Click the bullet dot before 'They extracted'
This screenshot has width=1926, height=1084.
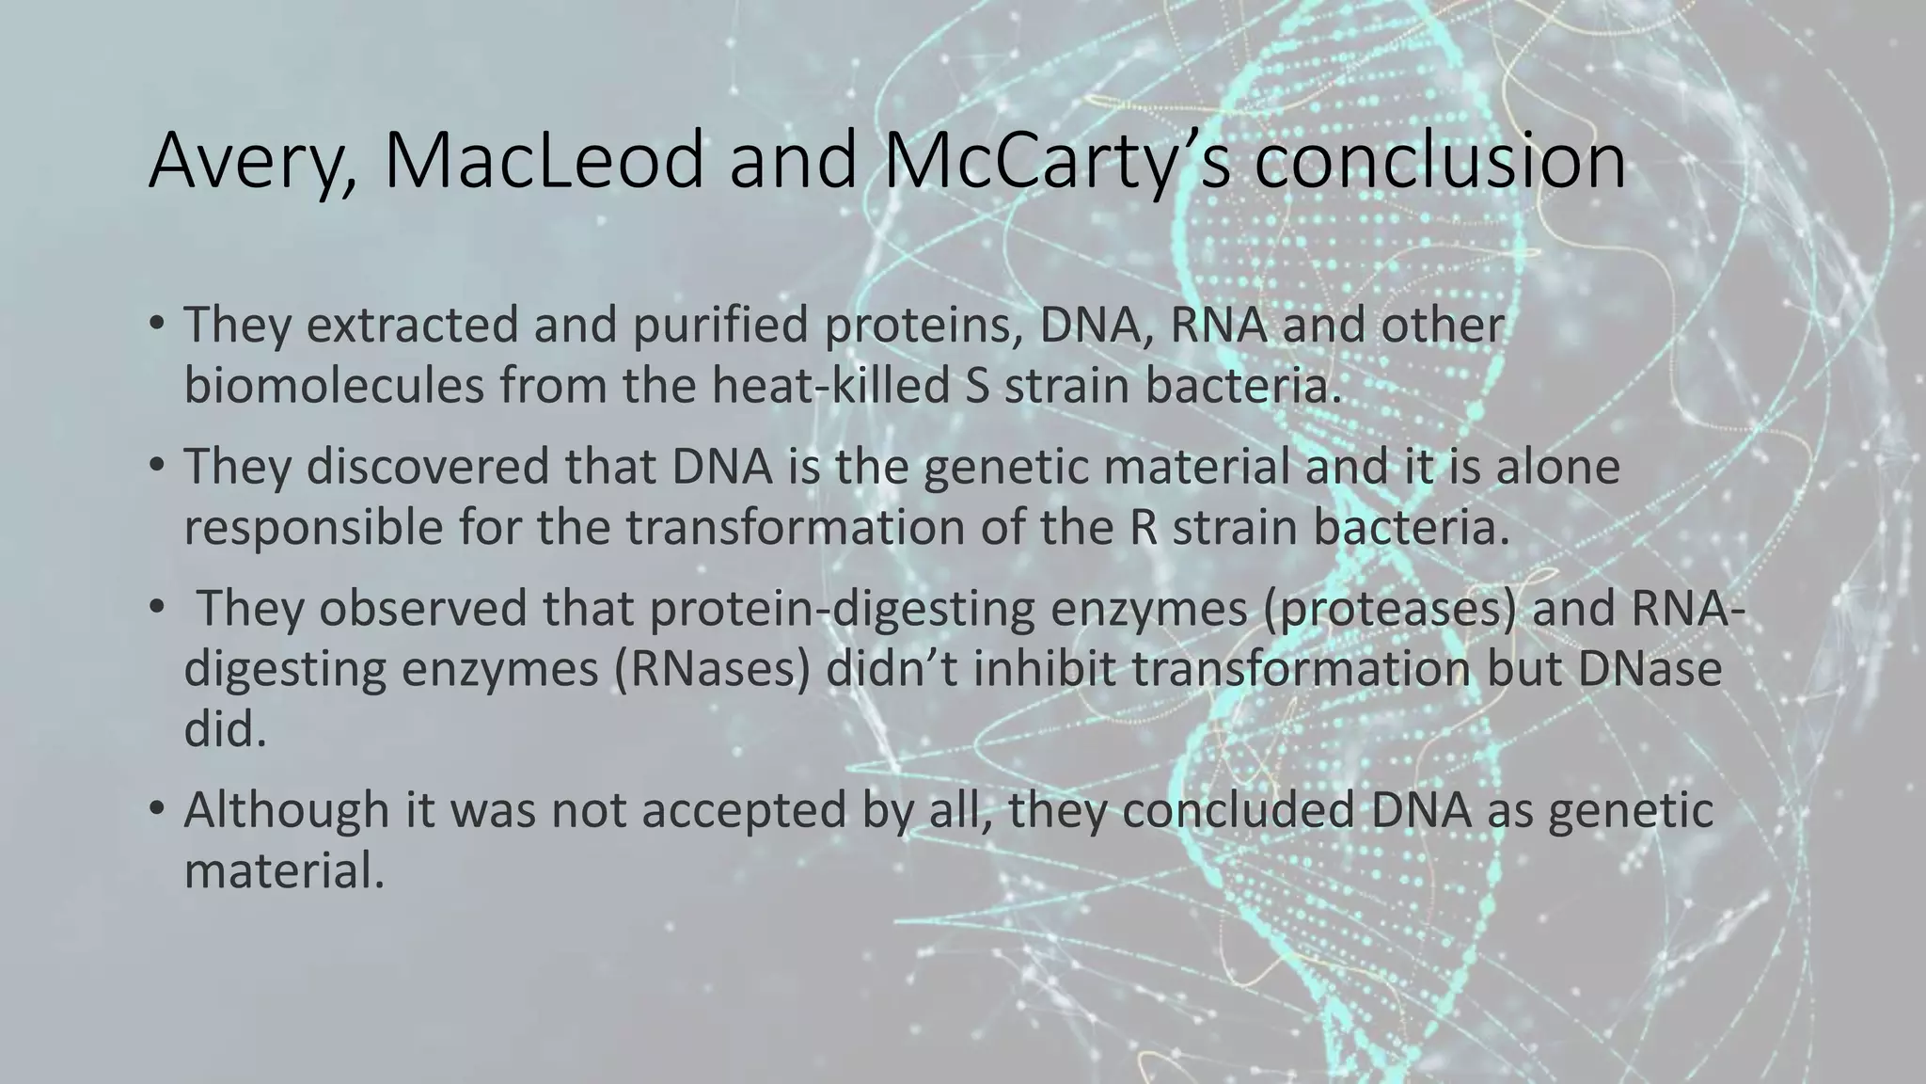coord(156,325)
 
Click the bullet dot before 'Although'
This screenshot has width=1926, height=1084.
coord(156,809)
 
